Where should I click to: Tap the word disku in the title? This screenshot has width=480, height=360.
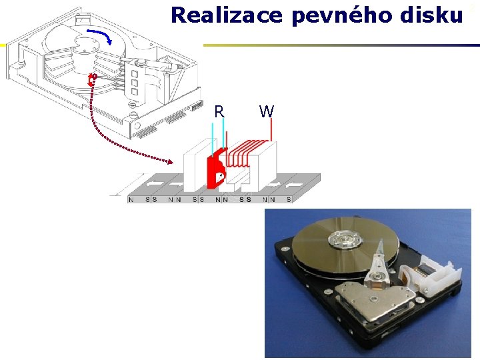pyautogui.click(x=431, y=15)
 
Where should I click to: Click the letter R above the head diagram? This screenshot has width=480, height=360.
pyautogui.click(x=219, y=111)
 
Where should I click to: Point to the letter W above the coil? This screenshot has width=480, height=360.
pyautogui.click(x=266, y=111)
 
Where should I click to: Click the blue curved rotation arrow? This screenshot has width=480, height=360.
pyautogui.click(x=101, y=34)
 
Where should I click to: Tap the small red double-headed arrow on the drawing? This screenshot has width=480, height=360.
pyautogui.click(x=92, y=81)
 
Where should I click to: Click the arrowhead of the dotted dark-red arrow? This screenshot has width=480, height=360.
pyautogui.click(x=177, y=161)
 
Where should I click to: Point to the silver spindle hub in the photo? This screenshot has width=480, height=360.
pyautogui.click(x=346, y=237)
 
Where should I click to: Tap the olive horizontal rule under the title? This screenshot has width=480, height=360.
pyautogui.click(x=341, y=45)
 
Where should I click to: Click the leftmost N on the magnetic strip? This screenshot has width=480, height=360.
pyautogui.click(x=131, y=199)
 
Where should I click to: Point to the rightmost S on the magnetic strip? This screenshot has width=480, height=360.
pyautogui.click(x=289, y=199)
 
